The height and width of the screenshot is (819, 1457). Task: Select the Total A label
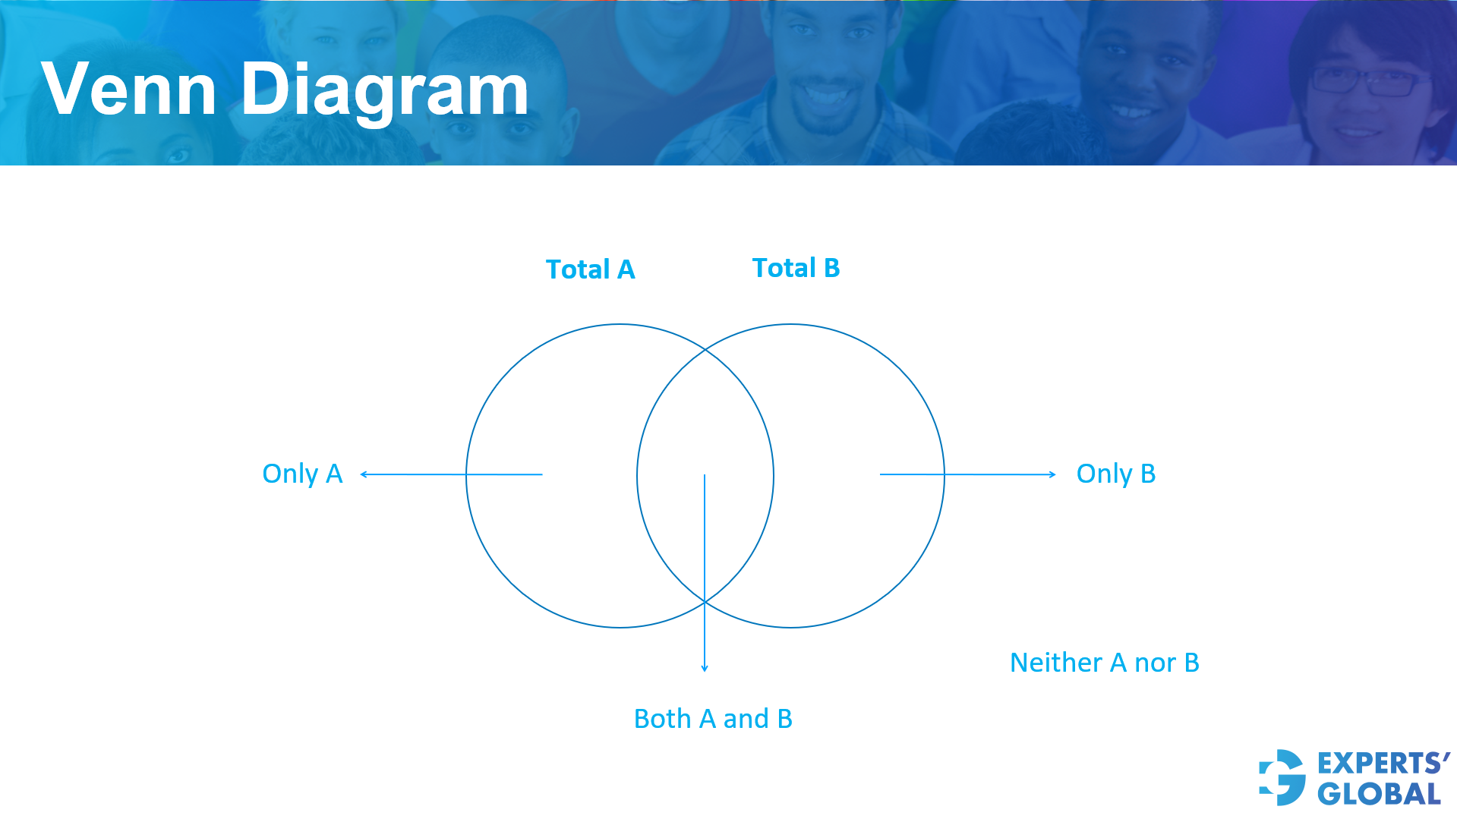pos(590,269)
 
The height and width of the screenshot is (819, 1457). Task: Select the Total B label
pos(796,268)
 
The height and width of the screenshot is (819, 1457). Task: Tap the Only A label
pos(302,474)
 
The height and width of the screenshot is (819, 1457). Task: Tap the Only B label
pos(1115,474)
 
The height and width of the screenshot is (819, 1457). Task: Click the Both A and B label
pos(713,719)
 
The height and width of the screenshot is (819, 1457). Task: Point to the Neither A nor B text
pos(1104,663)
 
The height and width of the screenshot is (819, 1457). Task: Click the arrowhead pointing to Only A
pos(364,474)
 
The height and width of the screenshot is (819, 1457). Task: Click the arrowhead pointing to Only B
pos(1052,474)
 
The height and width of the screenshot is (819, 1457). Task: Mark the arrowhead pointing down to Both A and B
pos(705,668)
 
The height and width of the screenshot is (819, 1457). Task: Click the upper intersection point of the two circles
pos(705,350)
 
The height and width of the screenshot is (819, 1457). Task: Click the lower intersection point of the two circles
pos(705,602)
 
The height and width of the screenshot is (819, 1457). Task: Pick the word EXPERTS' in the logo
pos(1383,763)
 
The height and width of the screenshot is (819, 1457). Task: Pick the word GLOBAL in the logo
pos(1379,794)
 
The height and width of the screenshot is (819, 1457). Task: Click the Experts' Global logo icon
pos(1282,777)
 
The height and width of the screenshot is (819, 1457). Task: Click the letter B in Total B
pos(831,268)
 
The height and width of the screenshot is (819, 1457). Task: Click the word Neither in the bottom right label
pos(1055,663)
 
